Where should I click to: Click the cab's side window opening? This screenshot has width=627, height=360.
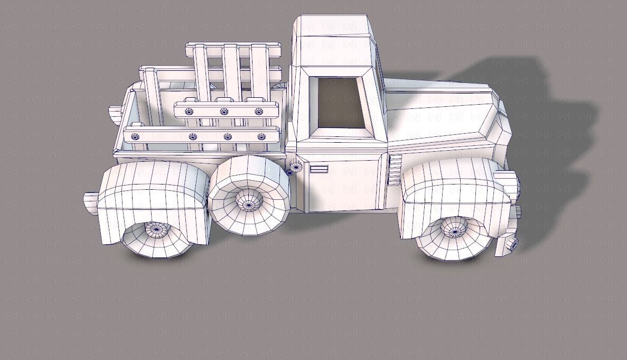point(340,103)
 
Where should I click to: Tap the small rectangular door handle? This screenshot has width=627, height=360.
point(319,169)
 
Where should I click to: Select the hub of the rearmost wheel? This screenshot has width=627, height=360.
point(155,229)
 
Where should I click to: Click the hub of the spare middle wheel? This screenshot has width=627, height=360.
point(248,201)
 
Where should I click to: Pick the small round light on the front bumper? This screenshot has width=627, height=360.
point(511,244)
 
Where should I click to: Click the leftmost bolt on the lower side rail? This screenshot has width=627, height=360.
point(135,136)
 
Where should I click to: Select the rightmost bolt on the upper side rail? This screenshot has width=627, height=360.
point(258,112)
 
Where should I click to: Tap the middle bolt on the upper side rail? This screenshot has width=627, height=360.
point(224,112)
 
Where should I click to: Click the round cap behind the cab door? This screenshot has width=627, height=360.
point(295,167)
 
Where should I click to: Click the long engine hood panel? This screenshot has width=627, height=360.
point(438,114)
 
